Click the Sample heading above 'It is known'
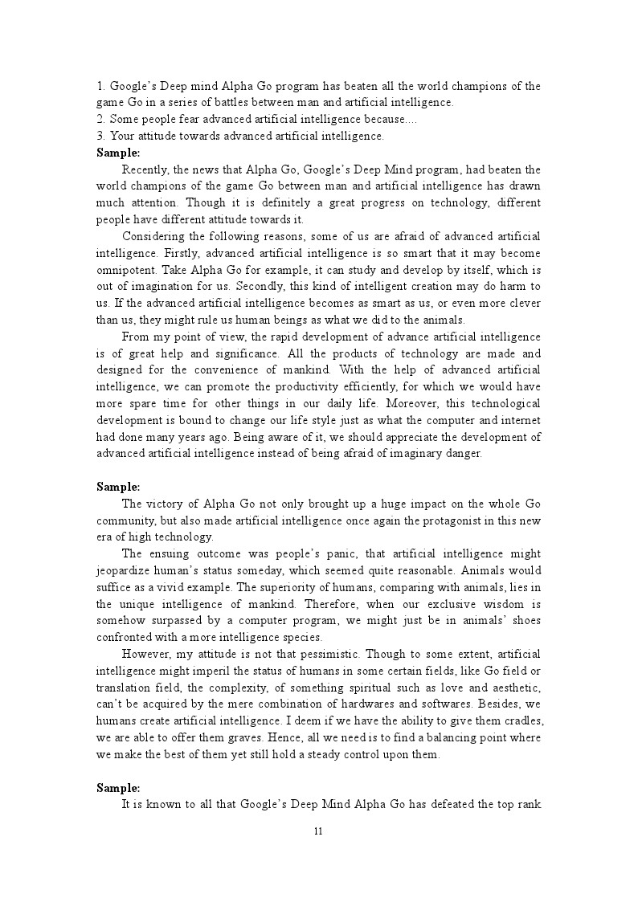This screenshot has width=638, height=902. click(x=118, y=788)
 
